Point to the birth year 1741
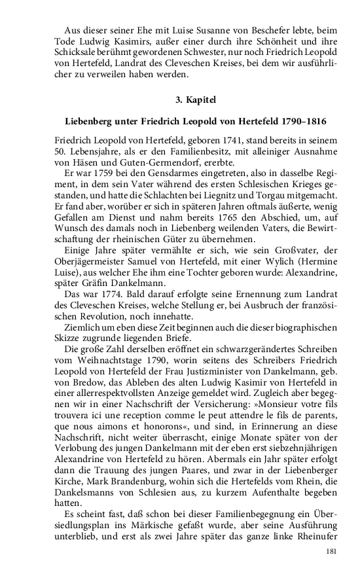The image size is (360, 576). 232,140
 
